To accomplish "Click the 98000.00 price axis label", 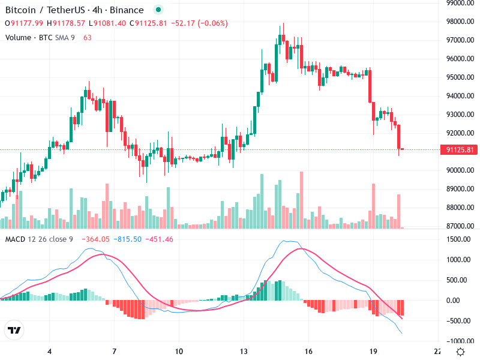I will pyautogui.click(x=460, y=22).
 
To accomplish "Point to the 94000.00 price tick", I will pyautogui.click(x=460, y=96).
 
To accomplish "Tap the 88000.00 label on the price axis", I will pyautogui.click(x=460, y=208).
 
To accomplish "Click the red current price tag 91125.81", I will pyautogui.click(x=460, y=149).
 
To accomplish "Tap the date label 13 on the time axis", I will pyautogui.click(x=244, y=352).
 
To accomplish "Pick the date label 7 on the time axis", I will pyautogui.click(x=114, y=352).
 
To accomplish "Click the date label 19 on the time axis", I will pyautogui.click(x=373, y=352).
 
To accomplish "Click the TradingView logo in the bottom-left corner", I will pyautogui.click(x=14, y=331).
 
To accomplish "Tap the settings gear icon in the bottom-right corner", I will pyautogui.click(x=460, y=352).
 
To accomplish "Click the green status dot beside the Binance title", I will pyautogui.click(x=158, y=10).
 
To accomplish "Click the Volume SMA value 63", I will pyautogui.click(x=88, y=37).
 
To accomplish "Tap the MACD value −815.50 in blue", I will pyautogui.click(x=129, y=239).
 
